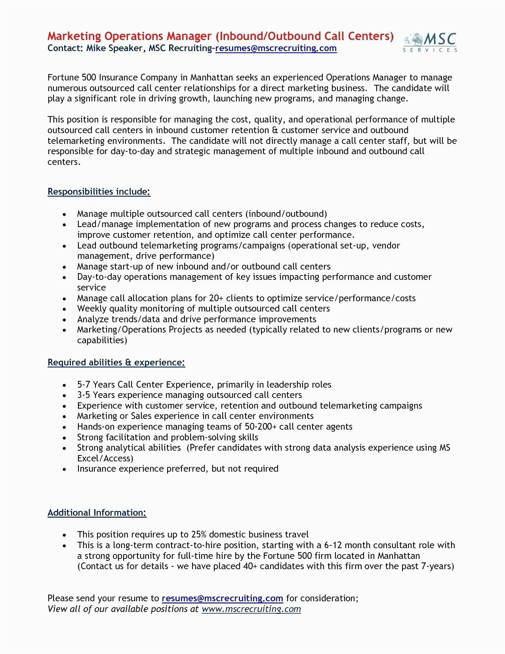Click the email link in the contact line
pyautogui.click(x=276, y=48)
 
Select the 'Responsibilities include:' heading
pyautogui.click(x=99, y=192)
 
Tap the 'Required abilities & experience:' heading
pyautogui.click(x=116, y=362)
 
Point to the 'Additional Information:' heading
pyautogui.click(x=97, y=512)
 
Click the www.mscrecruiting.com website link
pyautogui.click(x=251, y=609)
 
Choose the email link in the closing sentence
pyautogui.click(x=222, y=598)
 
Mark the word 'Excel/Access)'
pyautogui.click(x=105, y=458)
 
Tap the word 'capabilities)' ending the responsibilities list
pyautogui.click(x=102, y=340)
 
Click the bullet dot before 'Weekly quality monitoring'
pyautogui.click(x=65, y=309)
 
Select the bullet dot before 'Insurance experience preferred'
pyautogui.click(x=65, y=469)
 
